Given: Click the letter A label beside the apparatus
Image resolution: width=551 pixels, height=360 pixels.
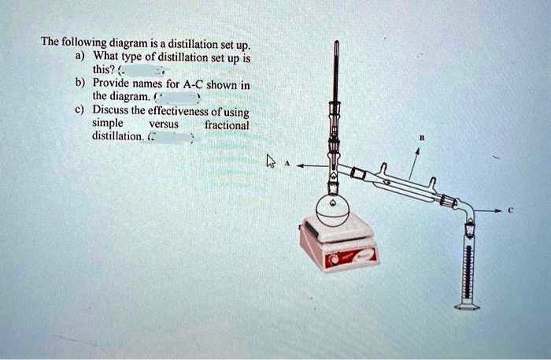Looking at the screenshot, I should point(288,165).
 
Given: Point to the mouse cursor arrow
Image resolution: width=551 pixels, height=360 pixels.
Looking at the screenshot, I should point(271,162).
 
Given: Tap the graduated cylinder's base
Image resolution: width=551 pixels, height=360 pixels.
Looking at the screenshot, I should point(467,306).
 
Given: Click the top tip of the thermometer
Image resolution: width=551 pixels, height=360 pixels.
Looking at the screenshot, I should point(336,43).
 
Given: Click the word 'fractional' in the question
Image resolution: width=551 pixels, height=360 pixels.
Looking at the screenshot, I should point(227,124).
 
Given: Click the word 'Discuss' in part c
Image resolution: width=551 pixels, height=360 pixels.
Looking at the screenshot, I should point(110,111).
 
